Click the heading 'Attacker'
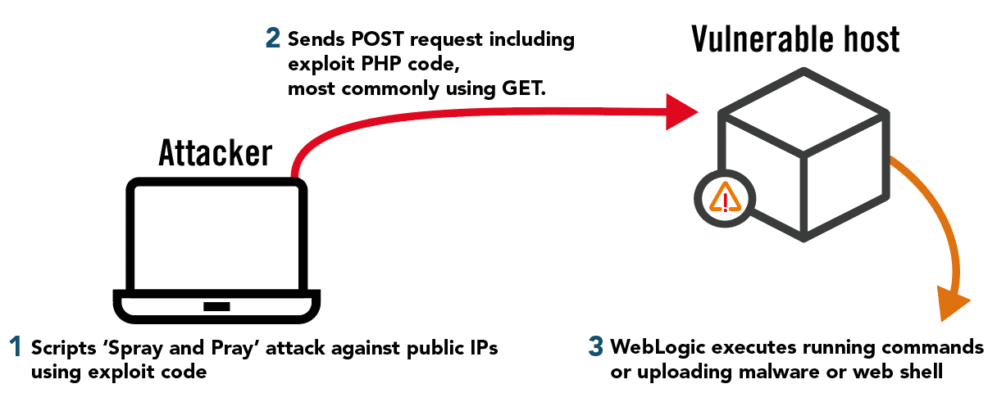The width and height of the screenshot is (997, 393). point(215,153)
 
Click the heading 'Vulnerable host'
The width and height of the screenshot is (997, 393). point(795,39)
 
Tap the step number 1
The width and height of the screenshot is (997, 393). point(16,347)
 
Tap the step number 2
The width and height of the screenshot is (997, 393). point(273,38)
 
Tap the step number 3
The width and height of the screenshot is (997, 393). point(595,347)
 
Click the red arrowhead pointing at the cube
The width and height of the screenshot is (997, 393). point(682,111)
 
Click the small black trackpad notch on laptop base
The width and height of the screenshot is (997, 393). point(217,307)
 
